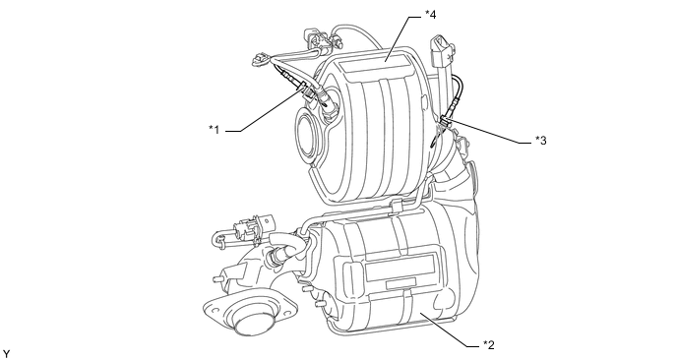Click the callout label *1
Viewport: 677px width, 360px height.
pos(215,129)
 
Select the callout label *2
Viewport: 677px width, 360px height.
pos(489,345)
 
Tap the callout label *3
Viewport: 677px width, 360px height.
pos(541,141)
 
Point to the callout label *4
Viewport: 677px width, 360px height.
pos(430,15)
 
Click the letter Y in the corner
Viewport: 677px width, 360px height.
pos(6,354)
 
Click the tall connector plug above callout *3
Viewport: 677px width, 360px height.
pos(441,54)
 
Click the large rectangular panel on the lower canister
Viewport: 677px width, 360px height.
pos(400,267)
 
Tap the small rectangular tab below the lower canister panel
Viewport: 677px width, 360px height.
pos(400,283)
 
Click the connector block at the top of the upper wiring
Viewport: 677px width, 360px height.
pos(315,36)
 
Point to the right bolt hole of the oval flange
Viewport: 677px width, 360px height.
pos(286,309)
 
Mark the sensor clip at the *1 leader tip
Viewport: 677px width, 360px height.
pos(307,90)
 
